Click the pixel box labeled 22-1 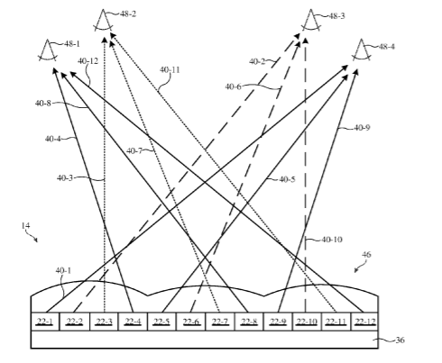point(45,322)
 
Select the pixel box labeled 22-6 point(191,322)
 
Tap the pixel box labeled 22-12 point(365,322)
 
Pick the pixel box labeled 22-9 point(278,322)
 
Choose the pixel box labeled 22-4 point(133,322)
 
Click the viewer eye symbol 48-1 point(47,50)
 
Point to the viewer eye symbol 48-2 point(103,21)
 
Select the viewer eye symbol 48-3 point(310,21)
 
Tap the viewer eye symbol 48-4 point(361,50)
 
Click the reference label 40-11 point(170,70)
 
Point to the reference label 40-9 point(362,128)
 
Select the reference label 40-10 point(332,240)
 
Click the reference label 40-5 point(287,179)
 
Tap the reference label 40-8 point(43,104)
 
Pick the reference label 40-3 point(65,178)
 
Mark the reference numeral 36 point(400,340)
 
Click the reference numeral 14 point(25,225)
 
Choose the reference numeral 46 point(366,255)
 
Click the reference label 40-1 point(63,270)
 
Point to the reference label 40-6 point(233,86)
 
